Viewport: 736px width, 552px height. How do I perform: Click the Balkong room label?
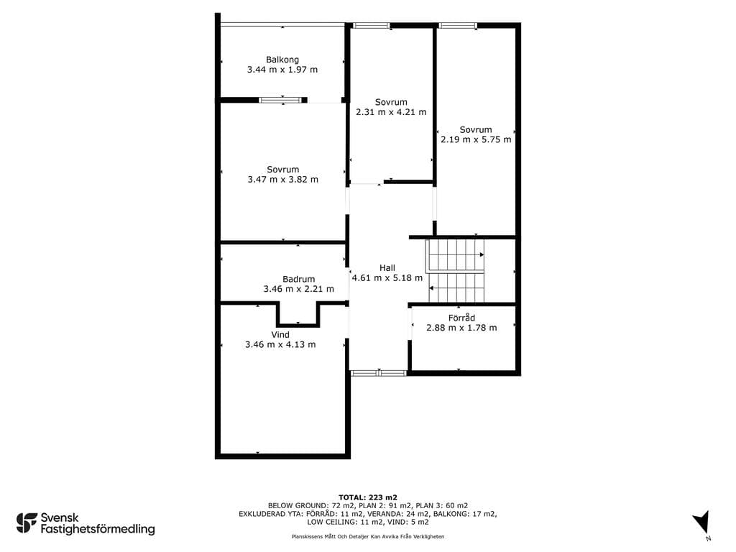(x=282, y=60)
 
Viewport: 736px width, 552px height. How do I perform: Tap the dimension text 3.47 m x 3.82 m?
(x=282, y=179)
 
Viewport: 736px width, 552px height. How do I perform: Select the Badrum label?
(x=298, y=279)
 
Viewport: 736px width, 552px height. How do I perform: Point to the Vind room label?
(x=280, y=335)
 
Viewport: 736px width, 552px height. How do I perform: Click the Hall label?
(x=387, y=268)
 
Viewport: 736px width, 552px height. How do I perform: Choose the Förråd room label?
(x=461, y=318)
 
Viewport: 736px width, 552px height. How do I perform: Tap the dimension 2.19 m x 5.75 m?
(x=476, y=139)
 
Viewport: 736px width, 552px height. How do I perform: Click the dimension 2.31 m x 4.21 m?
(x=391, y=112)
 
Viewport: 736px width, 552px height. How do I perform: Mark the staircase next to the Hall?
(x=455, y=271)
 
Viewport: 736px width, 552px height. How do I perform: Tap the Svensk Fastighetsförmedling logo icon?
(x=27, y=523)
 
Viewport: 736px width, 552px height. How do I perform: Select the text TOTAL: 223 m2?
(x=368, y=497)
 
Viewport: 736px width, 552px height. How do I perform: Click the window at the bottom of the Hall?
(x=378, y=373)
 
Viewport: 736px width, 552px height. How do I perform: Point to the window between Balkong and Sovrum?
(x=280, y=100)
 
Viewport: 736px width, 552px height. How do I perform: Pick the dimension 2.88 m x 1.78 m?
(x=461, y=328)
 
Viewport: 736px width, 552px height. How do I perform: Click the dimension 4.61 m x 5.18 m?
(x=387, y=278)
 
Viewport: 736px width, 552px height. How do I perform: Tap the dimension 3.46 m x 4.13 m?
(x=280, y=344)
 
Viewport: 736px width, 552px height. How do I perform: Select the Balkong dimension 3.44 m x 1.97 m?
(x=282, y=70)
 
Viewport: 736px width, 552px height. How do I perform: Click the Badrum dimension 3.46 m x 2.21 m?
(x=298, y=289)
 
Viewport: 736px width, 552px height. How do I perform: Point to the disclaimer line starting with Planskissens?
(x=368, y=536)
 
